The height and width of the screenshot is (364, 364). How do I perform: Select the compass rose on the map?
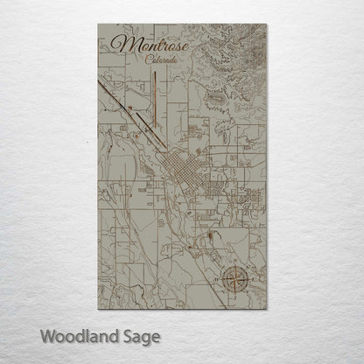(234, 278)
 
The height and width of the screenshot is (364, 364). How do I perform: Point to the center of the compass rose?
(234, 278)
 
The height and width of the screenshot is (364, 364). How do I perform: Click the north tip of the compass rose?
(234, 262)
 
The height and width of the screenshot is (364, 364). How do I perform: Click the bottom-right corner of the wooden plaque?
(265, 309)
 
